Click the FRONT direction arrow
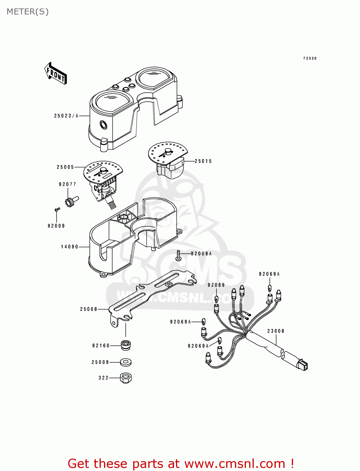[x=56, y=73]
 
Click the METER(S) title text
[x=28, y=12]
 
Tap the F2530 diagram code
[x=310, y=58]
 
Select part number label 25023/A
[x=66, y=116]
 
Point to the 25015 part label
[x=203, y=161]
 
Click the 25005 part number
[x=65, y=167]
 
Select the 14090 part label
[x=69, y=247]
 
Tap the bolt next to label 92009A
[x=178, y=255]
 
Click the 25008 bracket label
[x=89, y=309]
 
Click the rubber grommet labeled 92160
[x=126, y=345]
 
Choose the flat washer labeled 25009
[x=126, y=362]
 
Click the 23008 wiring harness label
[x=276, y=331]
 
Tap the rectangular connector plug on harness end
[x=303, y=365]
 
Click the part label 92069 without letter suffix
[x=216, y=285]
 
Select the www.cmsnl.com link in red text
[x=235, y=463]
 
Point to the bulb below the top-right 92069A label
[x=270, y=288]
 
